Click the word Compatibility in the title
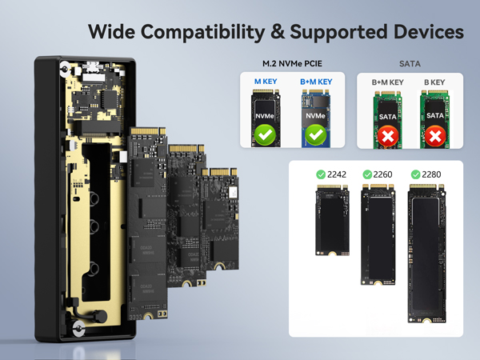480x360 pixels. point(202,32)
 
